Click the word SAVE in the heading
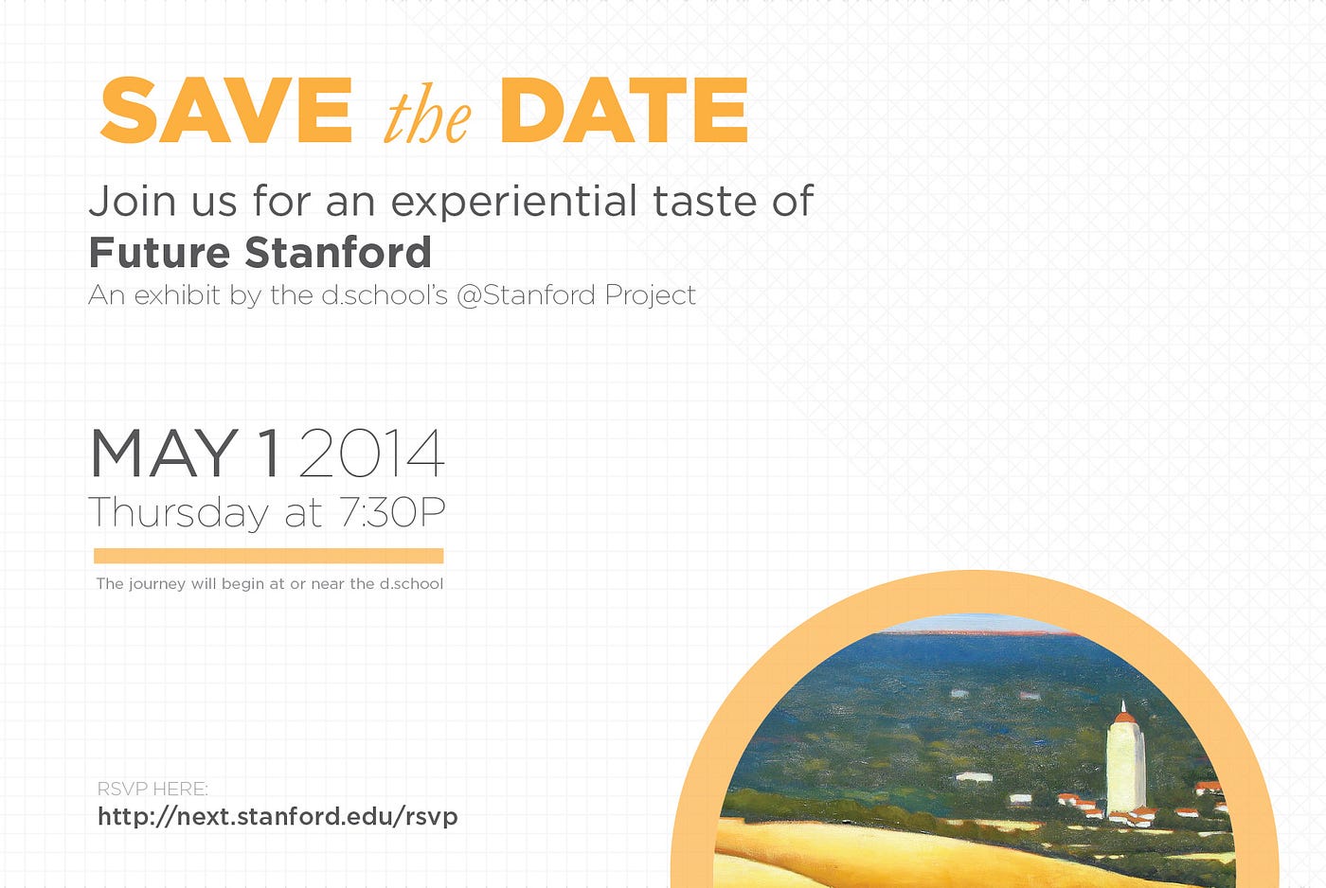[x=226, y=110]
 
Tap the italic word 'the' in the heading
[x=428, y=117]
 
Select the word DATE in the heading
[x=624, y=110]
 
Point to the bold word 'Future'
[x=159, y=252]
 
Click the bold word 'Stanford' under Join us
[x=338, y=252]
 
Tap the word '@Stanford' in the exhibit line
[x=527, y=295]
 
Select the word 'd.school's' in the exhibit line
[x=385, y=294]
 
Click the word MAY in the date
[x=164, y=453]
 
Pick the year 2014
[x=371, y=453]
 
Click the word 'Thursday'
[x=178, y=513]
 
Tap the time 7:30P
[x=392, y=512]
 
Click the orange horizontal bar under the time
[x=269, y=556]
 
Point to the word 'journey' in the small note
[x=157, y=584]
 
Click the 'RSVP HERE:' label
[x=152, y=790]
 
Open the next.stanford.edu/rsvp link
[x=278, y=817]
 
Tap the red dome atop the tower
[x=1123, y=717]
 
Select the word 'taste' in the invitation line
[x=704, y=201]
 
